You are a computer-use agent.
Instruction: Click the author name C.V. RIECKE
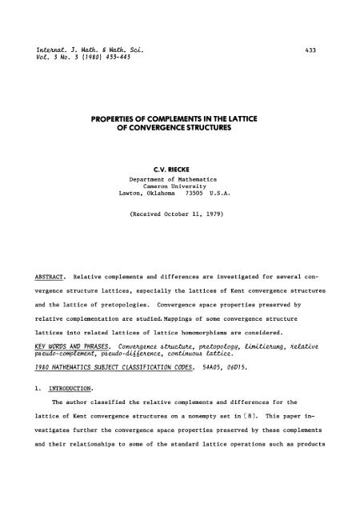pyautogui.click(x=180, y=169)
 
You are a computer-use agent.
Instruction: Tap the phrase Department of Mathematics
pyautogui.click(x=180, y=181)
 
